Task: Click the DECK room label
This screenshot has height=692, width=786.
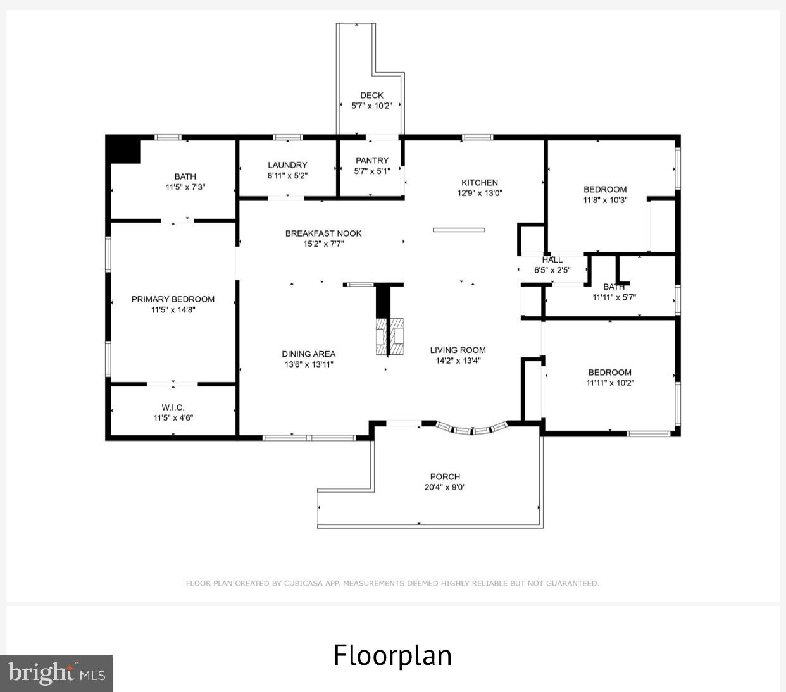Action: pos(372,96)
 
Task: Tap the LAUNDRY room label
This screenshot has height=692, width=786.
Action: pos(287,165)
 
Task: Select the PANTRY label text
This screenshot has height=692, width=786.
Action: pos(372,161)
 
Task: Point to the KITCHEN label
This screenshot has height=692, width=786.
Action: pos(480,183)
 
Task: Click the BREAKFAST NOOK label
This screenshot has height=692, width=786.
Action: pos(323,233)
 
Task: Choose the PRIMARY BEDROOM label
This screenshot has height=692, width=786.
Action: pos(173,299)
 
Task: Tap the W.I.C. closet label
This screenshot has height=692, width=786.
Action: pos(173,407)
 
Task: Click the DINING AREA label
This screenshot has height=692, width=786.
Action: pos(309,354)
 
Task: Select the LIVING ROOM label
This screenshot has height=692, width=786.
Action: pos(458,350)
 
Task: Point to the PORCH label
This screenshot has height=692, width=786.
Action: pos(445,477)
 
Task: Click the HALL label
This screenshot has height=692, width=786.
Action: pos(552,259)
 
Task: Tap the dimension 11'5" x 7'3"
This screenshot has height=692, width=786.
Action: pos(185,187)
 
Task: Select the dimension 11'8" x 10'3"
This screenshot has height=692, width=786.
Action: pos(605,200)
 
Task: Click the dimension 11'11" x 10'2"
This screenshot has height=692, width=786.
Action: pos(610,383)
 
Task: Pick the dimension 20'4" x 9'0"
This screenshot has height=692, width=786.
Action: pos(445,488)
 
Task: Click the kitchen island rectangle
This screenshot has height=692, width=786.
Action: pos(459,230)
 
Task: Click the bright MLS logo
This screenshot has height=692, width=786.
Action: pos(56,674)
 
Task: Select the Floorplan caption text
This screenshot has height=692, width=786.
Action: pos(392,655)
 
